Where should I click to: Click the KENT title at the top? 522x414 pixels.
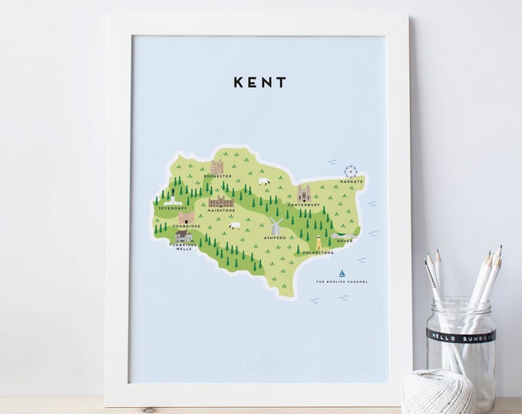[x=259, y=81]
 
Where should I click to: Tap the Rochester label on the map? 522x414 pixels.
[x=218, y=176]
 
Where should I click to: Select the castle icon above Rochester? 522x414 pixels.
[x=217, y=166]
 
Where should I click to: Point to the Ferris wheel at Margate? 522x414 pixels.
[x=351, y=171]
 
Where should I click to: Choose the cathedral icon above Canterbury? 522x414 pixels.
[x=303, y=192]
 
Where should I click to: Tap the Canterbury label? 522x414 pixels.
[x=302, y=205]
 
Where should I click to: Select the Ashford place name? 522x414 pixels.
[x=275, y=238]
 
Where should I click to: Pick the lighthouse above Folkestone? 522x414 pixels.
[x=319, y=242]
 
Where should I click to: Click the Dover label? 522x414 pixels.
[x=345, y=241]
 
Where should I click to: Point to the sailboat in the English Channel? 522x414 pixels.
[x=342, y=273]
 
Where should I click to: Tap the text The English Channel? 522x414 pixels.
[x=342, y=282]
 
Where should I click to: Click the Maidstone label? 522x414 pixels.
[x=221, y=211]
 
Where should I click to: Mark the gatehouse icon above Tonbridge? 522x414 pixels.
[x=185, y=218]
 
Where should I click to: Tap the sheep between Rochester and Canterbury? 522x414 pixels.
[x=263, y=182]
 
